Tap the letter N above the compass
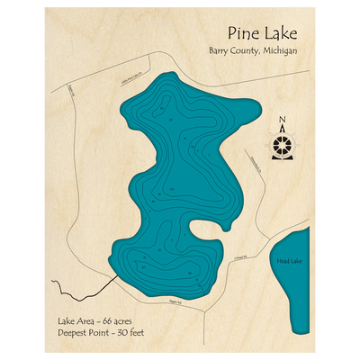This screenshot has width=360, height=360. [x=283, y=121]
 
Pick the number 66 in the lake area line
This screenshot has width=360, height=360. [x=110, y=321]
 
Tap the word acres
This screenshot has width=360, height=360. [x=129, y=321]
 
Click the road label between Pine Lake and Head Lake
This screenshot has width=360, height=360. [x=239, y=258]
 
